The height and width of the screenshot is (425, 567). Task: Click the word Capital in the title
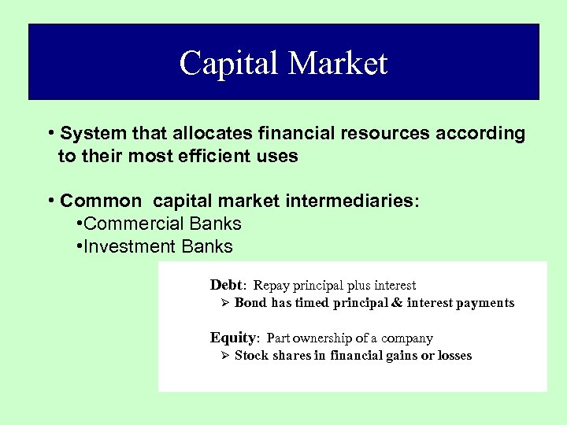click(228, 64)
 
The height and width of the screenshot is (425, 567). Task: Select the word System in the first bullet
click(90, 133)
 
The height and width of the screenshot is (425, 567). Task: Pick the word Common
click(101, 201)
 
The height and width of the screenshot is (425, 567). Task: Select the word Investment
click(129, 246)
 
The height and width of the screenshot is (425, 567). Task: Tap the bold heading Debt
click(227, 285)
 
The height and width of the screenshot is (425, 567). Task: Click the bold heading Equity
click(233, 338)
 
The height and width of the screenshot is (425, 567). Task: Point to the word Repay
click(271, 286)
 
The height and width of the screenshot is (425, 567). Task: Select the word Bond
click(250, 303)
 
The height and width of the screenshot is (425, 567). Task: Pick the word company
click(406, 338)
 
